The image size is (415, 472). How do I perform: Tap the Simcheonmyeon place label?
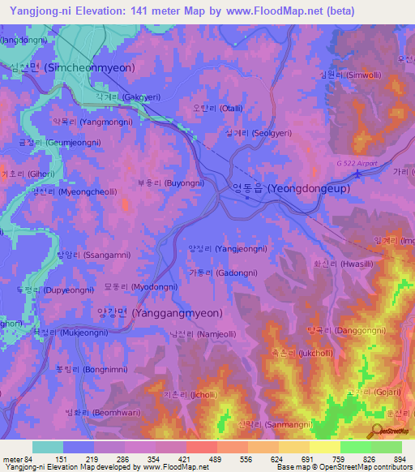click(77, 67)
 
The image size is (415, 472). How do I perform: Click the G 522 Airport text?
click(357, 164)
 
